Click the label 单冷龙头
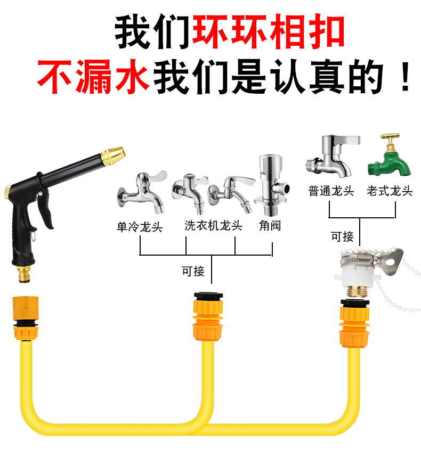pyautogui.click(x=140, y=227)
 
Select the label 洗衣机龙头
pyautogui.click(x=213, y=225)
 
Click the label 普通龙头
pyautogui.click(x=331, y=191)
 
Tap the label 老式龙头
pyautogui.click(x=390, y=191)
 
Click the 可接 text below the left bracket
pyautogui.click(x=192, y=271)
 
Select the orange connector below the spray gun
pyautogui.click(x=25, y=318)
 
